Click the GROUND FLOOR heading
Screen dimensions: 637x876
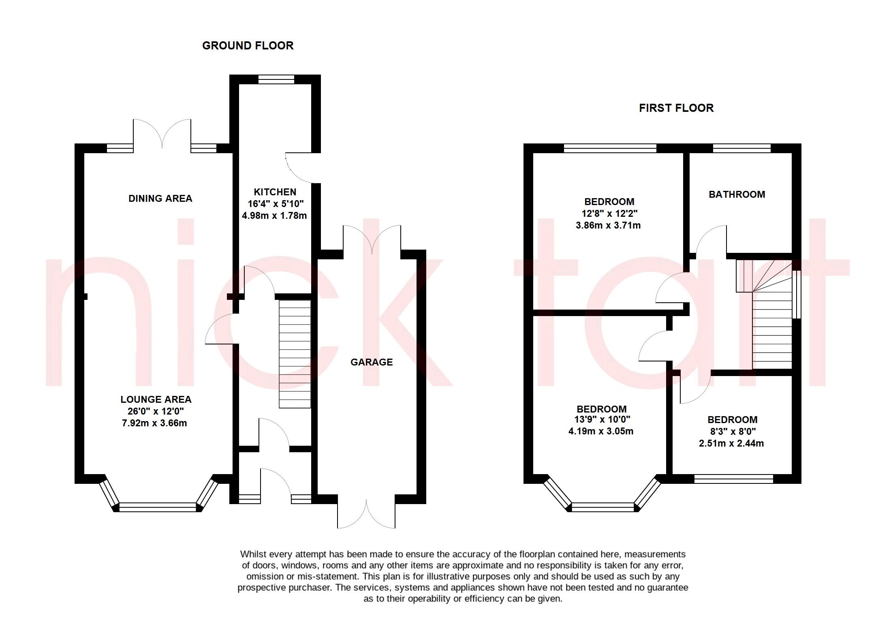(248, 45)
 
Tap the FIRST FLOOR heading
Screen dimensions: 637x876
(676, 108)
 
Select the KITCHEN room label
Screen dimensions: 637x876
(275, 192)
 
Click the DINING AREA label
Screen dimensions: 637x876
(160, 198)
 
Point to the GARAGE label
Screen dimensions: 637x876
(371, 362)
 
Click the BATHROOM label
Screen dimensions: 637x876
(737, 194)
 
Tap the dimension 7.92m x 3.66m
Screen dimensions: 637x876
(154, 423)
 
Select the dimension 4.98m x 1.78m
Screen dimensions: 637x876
(274, 216)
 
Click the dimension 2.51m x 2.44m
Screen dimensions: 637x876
(731, 443)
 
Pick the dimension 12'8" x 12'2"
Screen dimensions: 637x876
(609, 213)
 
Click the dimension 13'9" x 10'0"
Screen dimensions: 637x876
(602, 419)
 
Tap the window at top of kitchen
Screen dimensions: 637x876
(276, 79)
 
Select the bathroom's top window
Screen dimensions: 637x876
(741, 148)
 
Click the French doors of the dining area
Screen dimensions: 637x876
(162, 136)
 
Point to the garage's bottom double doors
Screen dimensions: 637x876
(366, 513)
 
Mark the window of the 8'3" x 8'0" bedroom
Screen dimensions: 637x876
(733, 479)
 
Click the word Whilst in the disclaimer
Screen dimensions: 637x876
(251, 554)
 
